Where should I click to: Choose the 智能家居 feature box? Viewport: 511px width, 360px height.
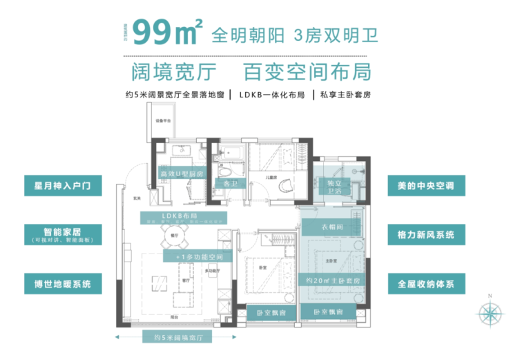click(63, 234)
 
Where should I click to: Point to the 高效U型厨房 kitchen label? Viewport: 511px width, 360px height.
click(181, 173)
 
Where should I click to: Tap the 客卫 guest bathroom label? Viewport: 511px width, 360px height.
click(231, 183)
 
